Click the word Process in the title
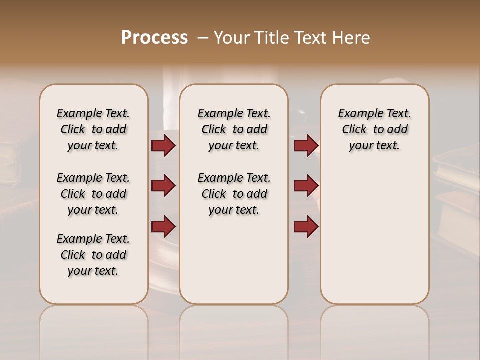pos(154,38)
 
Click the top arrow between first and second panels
pos(163,145)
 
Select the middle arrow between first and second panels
pos(163,186)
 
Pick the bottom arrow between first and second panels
pos(163,226)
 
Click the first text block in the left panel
pos(93,129)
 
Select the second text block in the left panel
pos(93,194)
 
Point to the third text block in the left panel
pos(93,255)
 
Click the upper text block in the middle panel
pos(234,129)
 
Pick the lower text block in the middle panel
pos(234,194)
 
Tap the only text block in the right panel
pos(374,129)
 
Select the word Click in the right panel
pos(354,130)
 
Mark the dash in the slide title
pos(203,38)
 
